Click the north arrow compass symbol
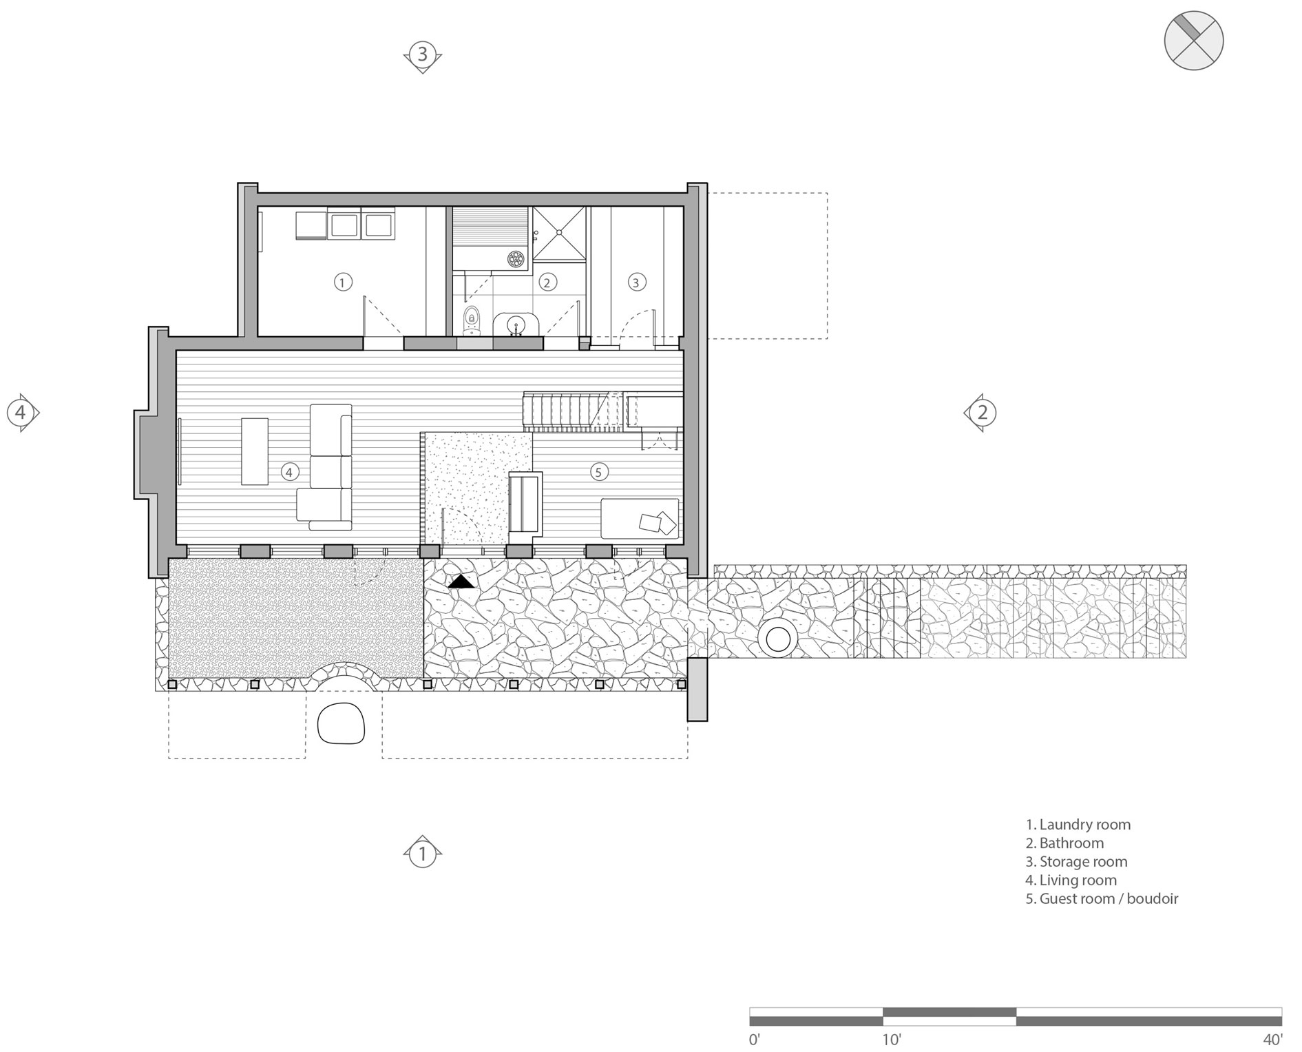[x=1194, y=40]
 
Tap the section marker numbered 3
[x=423, y=54]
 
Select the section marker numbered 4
[x=21, y=413]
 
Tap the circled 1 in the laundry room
[x=343, y=282]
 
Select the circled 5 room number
[x=598, y=472]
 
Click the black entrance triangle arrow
[x=461, y=582]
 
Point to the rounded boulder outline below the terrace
[x=341, y=723]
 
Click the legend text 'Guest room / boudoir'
[x=1109, y=898]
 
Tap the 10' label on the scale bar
[x=891, y=1039]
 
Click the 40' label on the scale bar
[x=1272, y=1039]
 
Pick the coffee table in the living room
[x=255, y=451]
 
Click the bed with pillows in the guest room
[x=640, y=518]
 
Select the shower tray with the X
[x=560, y=234]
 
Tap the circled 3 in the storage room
[x=636, y=282]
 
